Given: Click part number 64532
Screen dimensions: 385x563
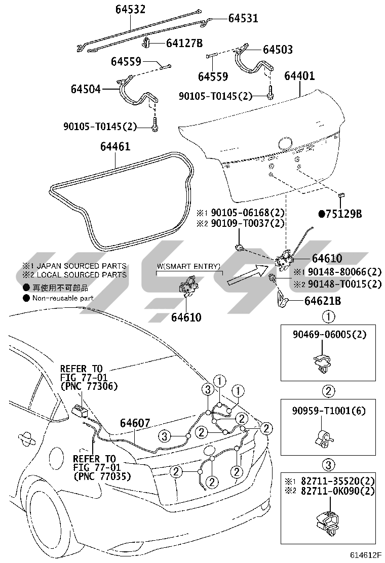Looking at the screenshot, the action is point(130,9).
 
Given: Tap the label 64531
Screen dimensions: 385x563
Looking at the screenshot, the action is point(243,18).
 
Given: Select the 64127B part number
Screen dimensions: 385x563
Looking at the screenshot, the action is point(184,43).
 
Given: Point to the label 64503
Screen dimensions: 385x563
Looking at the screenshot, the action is point(278,50).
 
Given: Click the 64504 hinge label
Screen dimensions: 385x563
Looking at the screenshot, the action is point(86,89).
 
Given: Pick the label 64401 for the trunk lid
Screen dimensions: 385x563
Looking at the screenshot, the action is point(299,76).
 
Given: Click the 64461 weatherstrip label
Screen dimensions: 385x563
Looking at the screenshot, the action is point(115,146).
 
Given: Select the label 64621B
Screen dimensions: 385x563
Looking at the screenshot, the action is point(323,301).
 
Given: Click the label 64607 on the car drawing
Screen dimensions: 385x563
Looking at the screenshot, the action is point(135,423).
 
